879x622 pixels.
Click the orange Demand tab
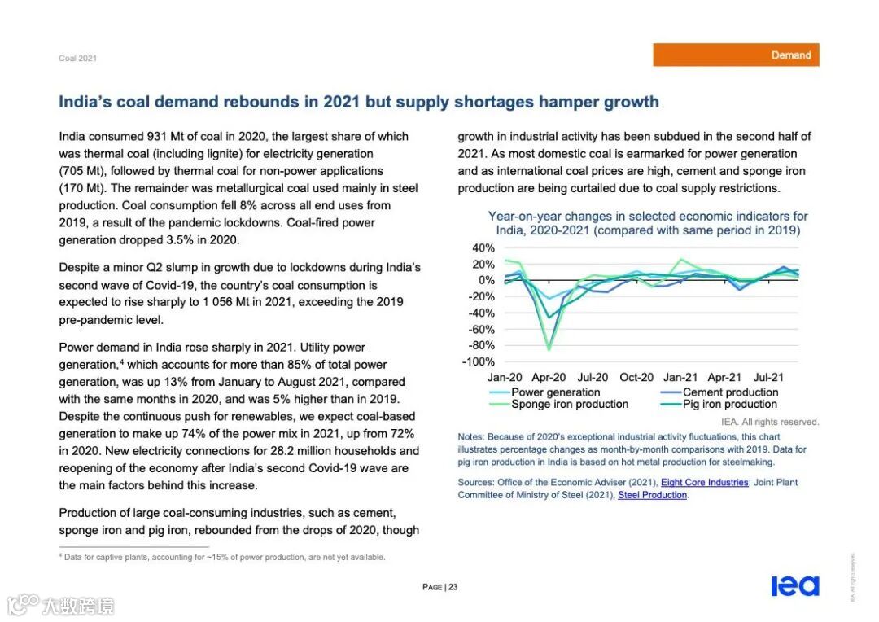pos(736,55)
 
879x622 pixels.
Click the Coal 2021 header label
pos(77,58)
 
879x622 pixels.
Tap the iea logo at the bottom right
pos(794,585)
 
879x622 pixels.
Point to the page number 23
pos(453,587)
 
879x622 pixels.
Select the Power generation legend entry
pos(555,392)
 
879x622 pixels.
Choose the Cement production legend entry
pos(730,392)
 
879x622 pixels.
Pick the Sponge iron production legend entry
pos(570,405)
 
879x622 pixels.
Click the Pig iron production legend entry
pos(729,405)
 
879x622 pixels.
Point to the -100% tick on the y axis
pos(478,361)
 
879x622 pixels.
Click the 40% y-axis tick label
pos(483,248)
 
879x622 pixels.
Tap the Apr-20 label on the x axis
pos(549,378)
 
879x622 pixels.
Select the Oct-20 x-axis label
pos(636,378)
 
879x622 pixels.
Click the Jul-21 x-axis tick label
pos(768,378)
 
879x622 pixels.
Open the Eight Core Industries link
pos(704,483)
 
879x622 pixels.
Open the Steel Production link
pos(653,495)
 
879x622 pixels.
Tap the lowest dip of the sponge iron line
pos(549,349)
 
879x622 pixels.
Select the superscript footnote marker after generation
pos(122,361)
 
